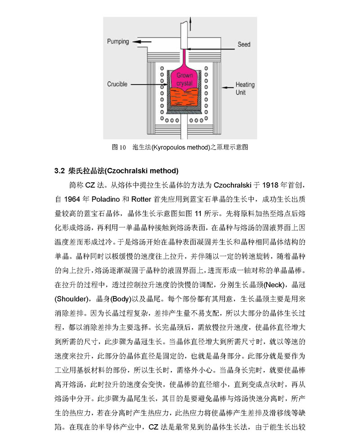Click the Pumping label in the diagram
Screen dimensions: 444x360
point(118,41)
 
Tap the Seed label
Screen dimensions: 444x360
point(244,44)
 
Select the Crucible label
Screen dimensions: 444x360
point(117,84)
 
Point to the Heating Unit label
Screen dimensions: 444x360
point(245,88)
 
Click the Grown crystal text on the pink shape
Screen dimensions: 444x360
point(184,80)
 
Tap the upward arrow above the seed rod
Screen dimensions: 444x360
point(193,20)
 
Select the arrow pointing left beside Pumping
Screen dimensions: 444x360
point(141,41)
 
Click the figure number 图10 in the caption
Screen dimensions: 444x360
point(118,147)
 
